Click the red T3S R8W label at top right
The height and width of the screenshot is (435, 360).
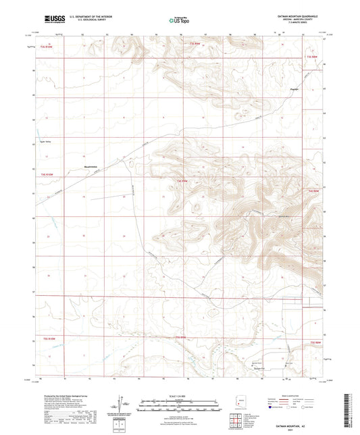click(x=313, y=57)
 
